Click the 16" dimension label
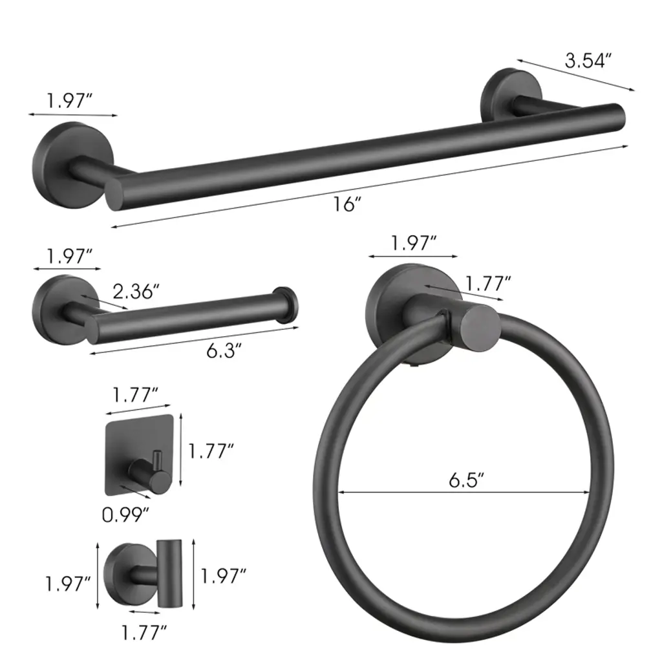pos(347,204)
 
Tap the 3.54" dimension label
pos(588,61)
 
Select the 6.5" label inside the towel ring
pos(465,480)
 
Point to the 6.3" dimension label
pos(224,350)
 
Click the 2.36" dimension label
pos(136,292)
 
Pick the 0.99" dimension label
pos(126,514)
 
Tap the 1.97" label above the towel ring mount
pos(413,243)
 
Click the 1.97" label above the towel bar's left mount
pos(69,101)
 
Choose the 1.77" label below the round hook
pos(144,632)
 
